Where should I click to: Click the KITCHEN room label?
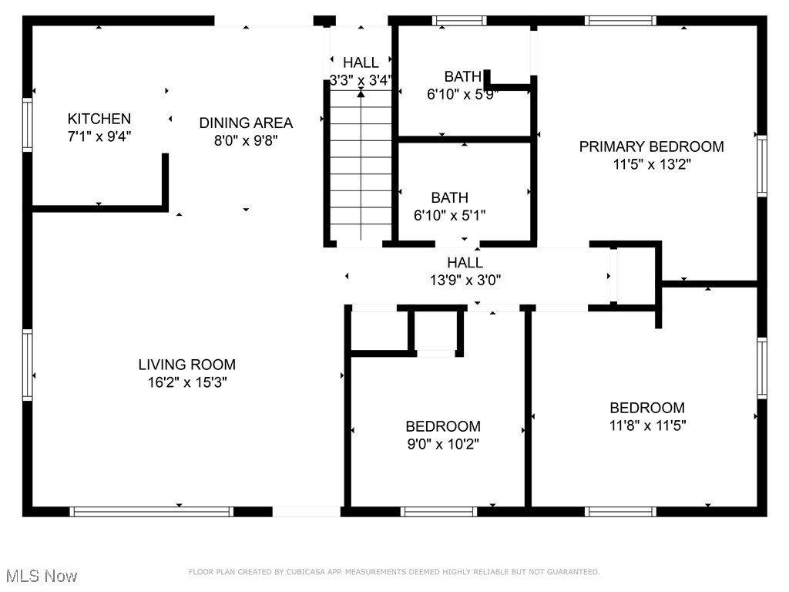point(99,119)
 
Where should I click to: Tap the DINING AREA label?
point(246,123)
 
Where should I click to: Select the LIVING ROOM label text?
point(187,365)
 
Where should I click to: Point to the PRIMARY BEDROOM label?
point(651,146)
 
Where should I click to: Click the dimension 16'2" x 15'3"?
point(187,382)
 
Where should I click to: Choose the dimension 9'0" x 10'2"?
point(443,444)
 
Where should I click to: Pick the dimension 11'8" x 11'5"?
point(646,425)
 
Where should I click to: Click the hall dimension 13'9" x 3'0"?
point(465,281)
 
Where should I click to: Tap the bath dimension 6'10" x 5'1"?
point(449,215)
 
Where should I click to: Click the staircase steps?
point(361,170)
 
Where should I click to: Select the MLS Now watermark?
point(42,576)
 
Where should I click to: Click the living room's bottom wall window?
point(151,511)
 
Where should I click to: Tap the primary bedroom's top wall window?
point(620,21)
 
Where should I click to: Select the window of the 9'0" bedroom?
point(439,511)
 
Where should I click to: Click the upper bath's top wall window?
point(458,21)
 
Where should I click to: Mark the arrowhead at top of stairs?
point(361,94)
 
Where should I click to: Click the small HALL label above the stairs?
point(361,62)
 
